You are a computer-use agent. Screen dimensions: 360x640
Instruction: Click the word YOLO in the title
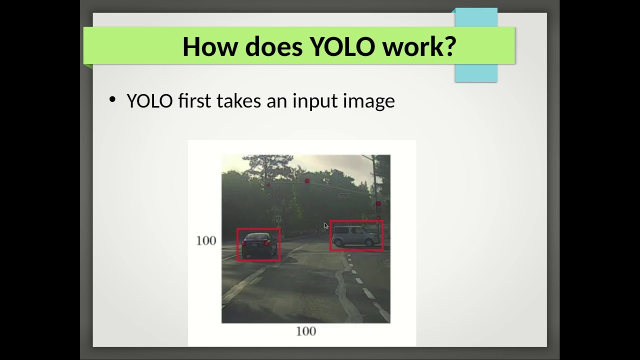tap(342, 46)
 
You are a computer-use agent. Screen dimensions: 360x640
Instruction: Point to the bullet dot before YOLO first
tap(112, 99)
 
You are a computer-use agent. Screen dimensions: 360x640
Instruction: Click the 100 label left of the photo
tap(206, 240)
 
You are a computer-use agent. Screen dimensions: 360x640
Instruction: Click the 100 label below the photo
tap(305, 331)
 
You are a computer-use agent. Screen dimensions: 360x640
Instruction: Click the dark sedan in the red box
tap(258, 244)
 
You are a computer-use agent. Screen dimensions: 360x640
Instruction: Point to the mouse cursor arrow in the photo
tap(326, 226)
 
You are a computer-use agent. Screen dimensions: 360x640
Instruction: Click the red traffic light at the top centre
tap(307, 181)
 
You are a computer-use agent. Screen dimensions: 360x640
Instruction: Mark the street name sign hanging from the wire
tap(343, 195)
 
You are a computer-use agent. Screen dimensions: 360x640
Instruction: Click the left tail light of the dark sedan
tap(245, 243)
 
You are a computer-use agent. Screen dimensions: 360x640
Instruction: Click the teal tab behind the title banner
tap(476, 72)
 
